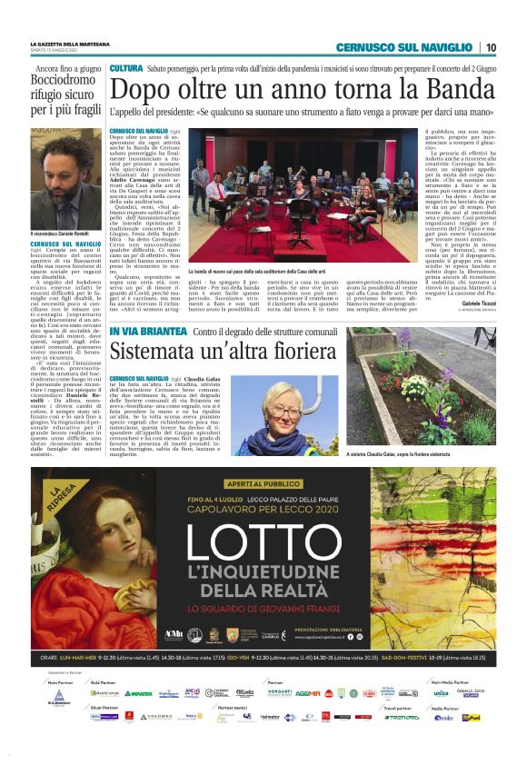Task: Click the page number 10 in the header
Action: (491, 46)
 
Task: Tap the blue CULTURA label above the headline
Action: (125, 69)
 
